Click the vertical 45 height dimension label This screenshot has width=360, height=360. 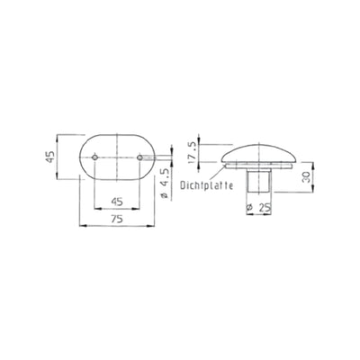click(x=50, y=157)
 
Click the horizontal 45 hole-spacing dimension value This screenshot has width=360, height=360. click(x=117, y=202)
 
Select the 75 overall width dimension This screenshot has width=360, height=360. click(x=117, y=220)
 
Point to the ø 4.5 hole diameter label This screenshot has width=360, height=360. click(x=165, y=184)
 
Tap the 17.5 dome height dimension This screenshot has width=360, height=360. click(x=193, y=152)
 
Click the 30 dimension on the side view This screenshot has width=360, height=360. click(x=306, y=177)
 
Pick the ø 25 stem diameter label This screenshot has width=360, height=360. click(x=258, y=207)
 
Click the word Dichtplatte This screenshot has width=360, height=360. click(x=207, y=185)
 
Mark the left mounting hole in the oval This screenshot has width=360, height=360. click(x=94, y=157)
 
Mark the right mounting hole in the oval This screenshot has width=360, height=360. click(x=139, y=157)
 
